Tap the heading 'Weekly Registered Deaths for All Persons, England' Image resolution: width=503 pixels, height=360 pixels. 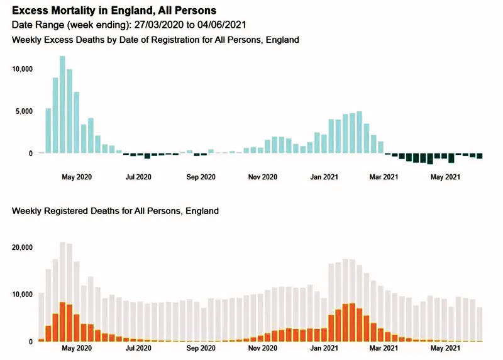[x=115, y=211]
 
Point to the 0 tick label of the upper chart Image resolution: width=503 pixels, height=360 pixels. [x=30, y=154]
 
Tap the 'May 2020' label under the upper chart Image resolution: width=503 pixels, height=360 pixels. [x=77, y=177]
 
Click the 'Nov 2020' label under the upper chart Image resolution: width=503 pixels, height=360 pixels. [x=263, y=177]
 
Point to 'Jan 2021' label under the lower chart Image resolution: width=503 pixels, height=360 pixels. [x=324, y=348]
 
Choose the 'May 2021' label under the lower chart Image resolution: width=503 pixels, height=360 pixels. [x=445, y=348]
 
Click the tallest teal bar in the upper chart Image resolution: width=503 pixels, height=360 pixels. [x=62, y=104]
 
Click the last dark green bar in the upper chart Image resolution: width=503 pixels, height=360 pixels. [x=480, y=156]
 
